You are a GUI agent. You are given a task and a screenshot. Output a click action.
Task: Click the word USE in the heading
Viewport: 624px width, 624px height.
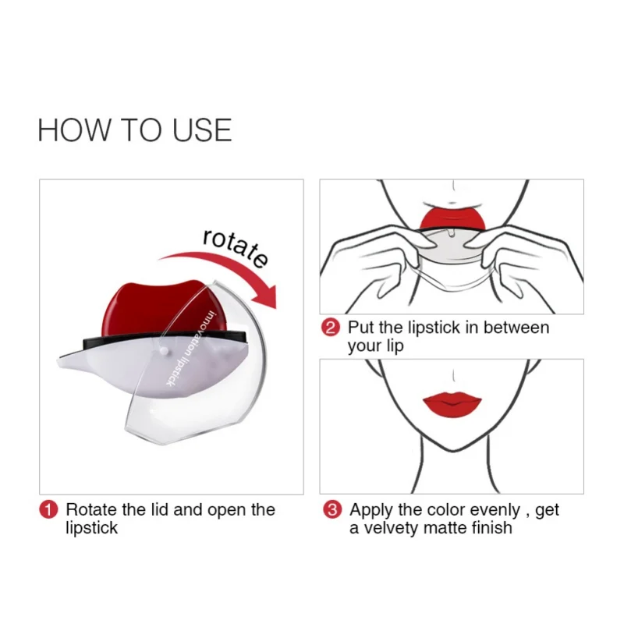tap(202, 130)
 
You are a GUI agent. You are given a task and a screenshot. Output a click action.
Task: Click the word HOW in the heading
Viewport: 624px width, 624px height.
tap(73, 130)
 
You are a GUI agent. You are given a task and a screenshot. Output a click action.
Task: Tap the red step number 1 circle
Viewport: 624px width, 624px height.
tap(48, 510)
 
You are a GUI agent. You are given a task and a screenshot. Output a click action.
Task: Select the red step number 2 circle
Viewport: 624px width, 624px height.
tap(330, 328)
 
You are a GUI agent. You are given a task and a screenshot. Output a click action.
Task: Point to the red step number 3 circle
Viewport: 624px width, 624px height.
tap(332, 510)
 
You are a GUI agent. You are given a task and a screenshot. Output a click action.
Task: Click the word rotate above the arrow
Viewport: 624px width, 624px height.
tap(236, 247)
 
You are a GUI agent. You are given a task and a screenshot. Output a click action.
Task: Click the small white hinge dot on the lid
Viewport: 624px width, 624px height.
tap(163, 350)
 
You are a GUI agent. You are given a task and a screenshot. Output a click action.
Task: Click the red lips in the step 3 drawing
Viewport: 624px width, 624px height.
tap(452, 403)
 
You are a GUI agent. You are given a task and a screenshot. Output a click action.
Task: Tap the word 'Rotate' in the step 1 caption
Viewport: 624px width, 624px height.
tap(91, 510)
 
